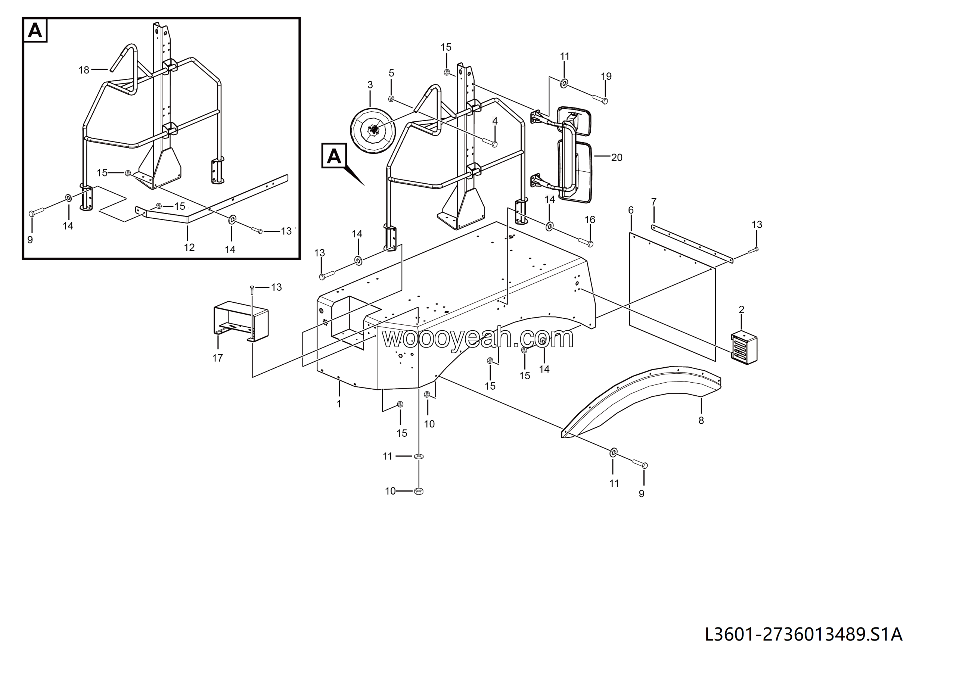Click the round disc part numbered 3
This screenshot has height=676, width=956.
(x=373, y=131)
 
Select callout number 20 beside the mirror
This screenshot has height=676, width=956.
(x=616, y=158)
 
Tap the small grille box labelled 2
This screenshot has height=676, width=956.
(x=744, y=348)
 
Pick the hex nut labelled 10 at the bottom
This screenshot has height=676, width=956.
(x=419, y=491)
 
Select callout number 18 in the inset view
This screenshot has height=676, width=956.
(x=84, y=70)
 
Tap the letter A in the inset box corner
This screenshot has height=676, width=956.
(x=35, y=30)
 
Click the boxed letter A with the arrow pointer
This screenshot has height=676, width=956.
(x=334, y=156)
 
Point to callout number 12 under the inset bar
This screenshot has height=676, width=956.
(x=189, y=248)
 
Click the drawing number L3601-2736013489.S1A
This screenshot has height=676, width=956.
(x=803, y=634)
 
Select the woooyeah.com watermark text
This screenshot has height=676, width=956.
(x=478, y=338)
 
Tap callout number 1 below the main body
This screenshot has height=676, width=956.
(x=339, y=404)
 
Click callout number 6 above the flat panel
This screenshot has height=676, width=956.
(x=630, y=210)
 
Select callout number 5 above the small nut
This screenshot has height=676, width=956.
(x=391, y=73)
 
